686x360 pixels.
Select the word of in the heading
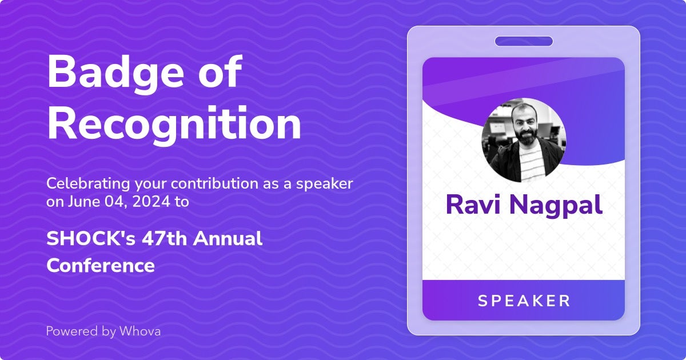[x=220, y=71]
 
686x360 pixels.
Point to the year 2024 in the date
[x=151, y=202]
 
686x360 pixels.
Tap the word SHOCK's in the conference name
[x=91, y=238]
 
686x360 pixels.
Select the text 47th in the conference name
[x=164, y=238]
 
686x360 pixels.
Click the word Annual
[x=228, y=238]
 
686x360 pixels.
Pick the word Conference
[x=101, y=265]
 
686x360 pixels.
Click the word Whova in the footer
[x=140, y=331]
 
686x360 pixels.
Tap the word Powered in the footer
[x=70, y=331]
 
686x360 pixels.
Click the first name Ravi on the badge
[x=473, y=205]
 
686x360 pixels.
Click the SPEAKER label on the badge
[x=524, y=301]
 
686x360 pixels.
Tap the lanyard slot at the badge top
[x=524, y=41]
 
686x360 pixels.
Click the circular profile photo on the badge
[x=524, y=140]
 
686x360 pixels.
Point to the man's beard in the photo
[x=525, y=137]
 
